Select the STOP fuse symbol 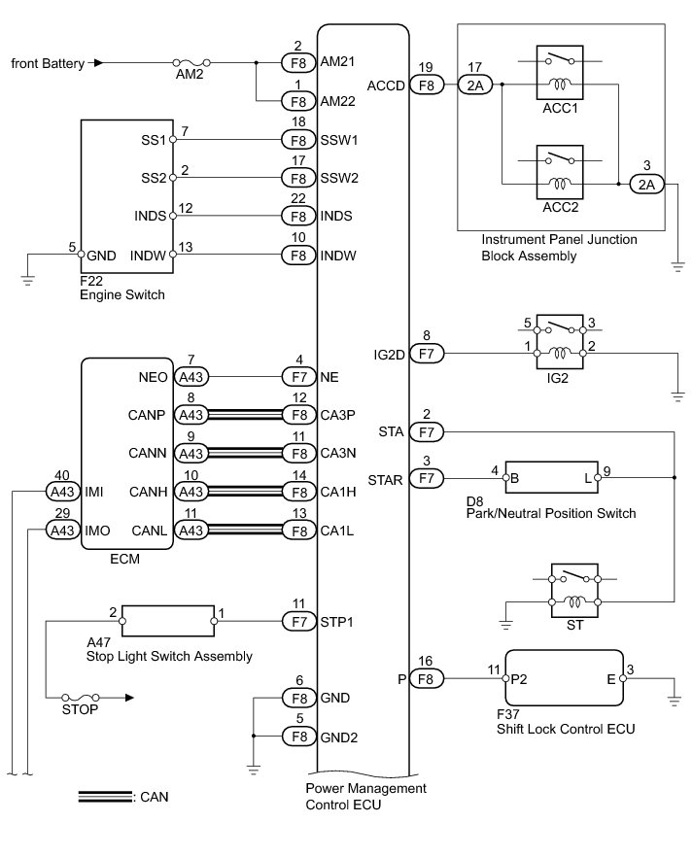click(x=82, y=697)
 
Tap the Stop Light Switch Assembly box click(x=168, y=619)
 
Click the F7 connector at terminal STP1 click(x=296, y=619)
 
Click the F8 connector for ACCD click(x=424, y=85)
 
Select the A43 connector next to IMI click(x=63, y=492)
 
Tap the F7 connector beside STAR click(x=424, y=478)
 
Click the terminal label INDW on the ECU click(x=337, y=255)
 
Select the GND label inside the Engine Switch click(x=102, y=255)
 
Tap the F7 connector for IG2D click(x=424, y=355)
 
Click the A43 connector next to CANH click(x=192, y=492)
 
